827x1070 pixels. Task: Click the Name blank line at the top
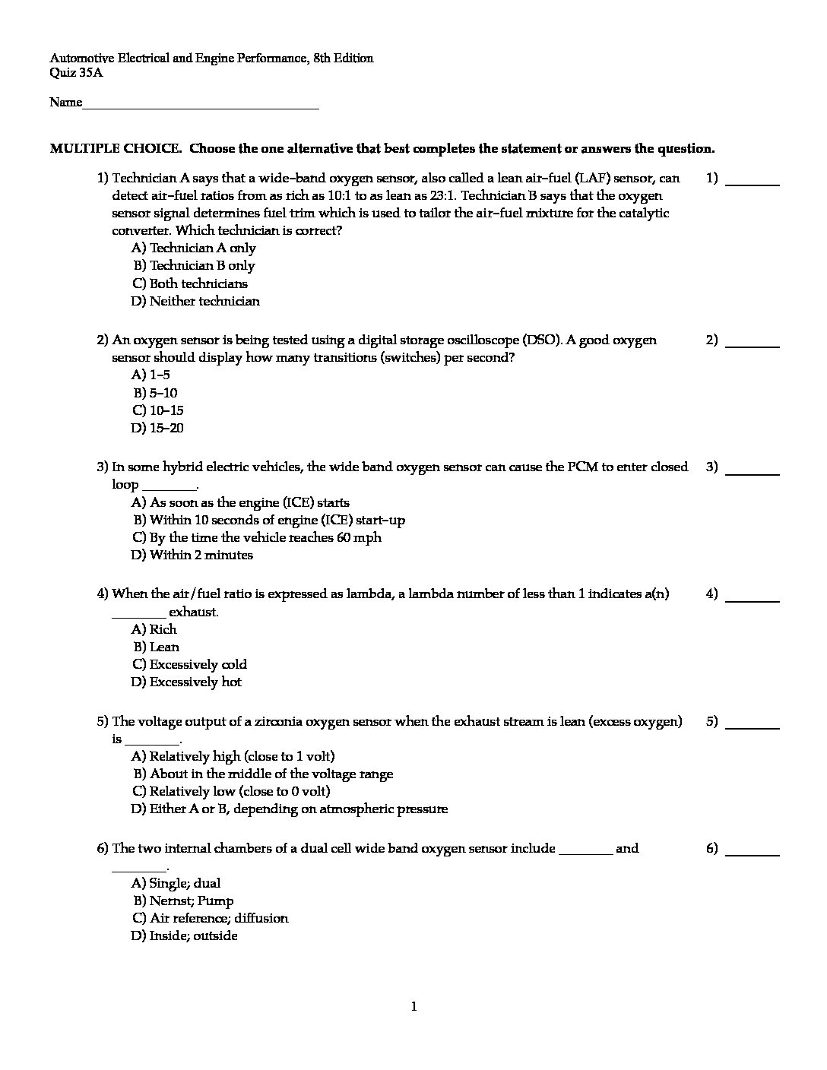tap(201, 107)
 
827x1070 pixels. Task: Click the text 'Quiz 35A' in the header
tap(76, 73)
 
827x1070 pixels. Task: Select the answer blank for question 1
tap(753, 183)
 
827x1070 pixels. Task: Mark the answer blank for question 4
tap(753, 600)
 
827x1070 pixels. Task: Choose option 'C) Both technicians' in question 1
tap(190, 283)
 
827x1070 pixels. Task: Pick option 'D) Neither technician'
tap(195, 301)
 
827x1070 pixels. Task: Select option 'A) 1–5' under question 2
tap(151, 375)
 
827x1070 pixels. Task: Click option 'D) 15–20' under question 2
tap(157, 428)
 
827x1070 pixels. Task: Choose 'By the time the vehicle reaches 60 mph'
tap(257, 537)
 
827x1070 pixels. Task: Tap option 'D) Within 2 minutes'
tap(192, 555)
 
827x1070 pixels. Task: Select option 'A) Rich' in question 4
tap(154, 629)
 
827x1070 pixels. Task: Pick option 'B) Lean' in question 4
tap(157, 647)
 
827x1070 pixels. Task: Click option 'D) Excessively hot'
tap(186, 682)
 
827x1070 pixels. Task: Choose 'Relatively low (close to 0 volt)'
tap(231, 791)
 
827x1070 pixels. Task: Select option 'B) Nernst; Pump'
tap(183, 901)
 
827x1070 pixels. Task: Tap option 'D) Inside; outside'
tap(185, 935)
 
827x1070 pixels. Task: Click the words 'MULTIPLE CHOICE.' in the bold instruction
tap(115, 148)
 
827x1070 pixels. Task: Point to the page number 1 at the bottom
tap(414, 1007)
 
